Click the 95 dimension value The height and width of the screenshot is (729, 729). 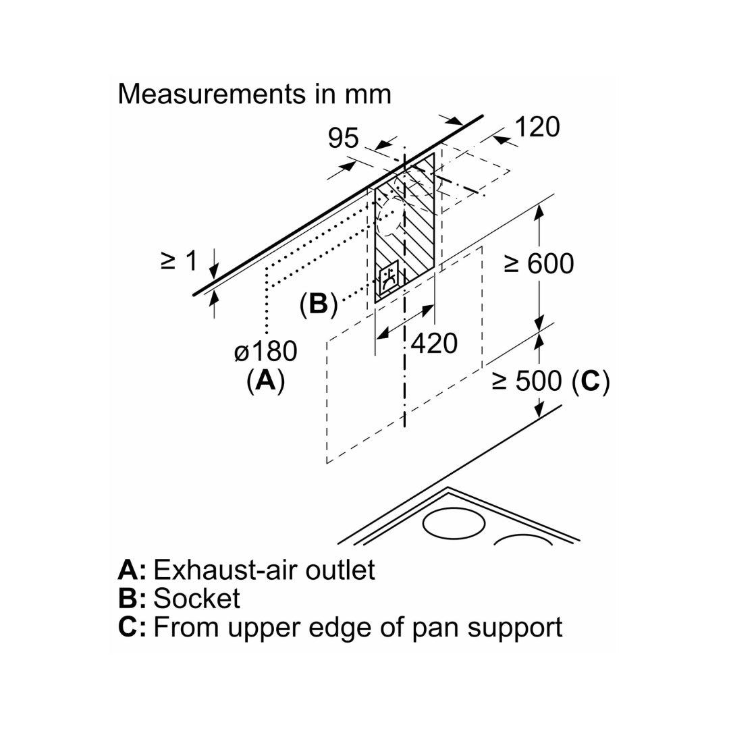pos(344,138)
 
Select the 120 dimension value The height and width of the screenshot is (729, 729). pos(537,126)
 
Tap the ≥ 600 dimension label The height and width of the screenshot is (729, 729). pos(539,263)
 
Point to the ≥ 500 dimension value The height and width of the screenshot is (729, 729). pos(527,381)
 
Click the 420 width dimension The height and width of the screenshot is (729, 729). pos(434,344)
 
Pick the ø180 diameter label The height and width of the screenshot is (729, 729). pos(265,352)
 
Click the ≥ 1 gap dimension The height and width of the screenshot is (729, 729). pos(179,261)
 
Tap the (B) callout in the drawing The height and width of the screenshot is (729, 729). pos(318,304)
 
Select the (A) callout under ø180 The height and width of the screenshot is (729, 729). pos(265,381)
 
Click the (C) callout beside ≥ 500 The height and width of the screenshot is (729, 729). pos(590,381)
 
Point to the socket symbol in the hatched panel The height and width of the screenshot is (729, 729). pos(387,278)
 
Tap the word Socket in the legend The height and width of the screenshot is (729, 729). pos(196,598)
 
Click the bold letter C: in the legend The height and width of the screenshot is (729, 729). pos(132,627)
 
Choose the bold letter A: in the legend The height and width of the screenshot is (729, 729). pos(132,570)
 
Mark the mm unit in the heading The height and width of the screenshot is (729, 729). pos(367,94)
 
